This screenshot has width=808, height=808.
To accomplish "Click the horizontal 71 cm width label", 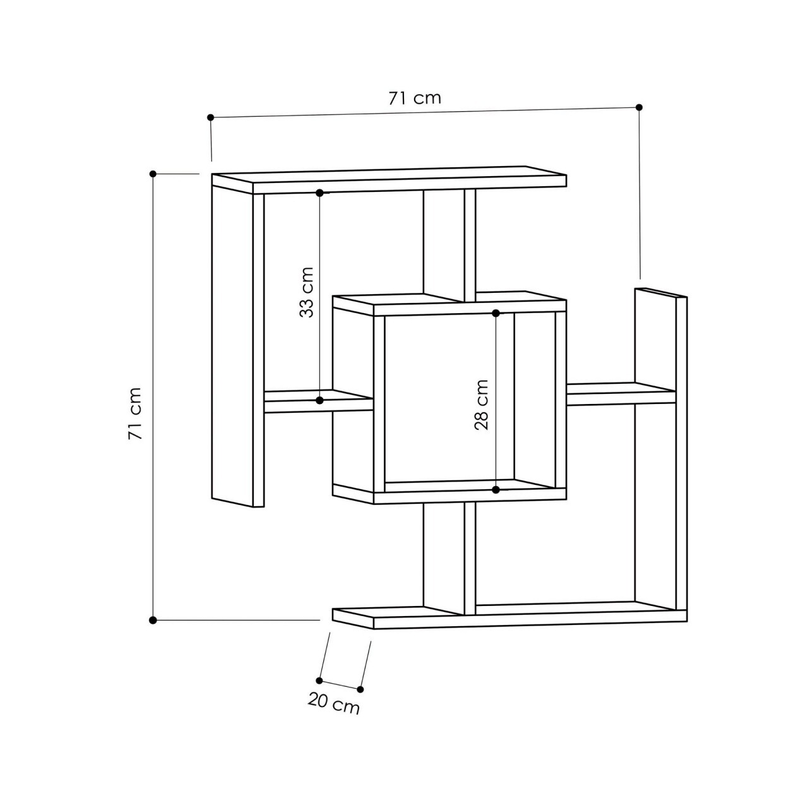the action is (x=414, y=98).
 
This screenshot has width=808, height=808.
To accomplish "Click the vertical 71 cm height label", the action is (x=135, y=413).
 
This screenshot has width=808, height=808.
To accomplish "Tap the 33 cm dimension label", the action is (x=307, y=292).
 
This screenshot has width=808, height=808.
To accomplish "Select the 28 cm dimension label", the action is (x=482, y=405).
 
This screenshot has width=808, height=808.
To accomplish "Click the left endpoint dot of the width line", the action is (x=210, y=117).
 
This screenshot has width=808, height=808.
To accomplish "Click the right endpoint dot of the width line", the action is (x=639, y=107).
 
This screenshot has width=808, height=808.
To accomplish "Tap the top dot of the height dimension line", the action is (x=153, y=174).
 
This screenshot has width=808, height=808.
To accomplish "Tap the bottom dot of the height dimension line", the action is (x=153, y=620).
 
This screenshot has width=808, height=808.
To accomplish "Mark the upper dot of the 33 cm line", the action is (x=320, y=193).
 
